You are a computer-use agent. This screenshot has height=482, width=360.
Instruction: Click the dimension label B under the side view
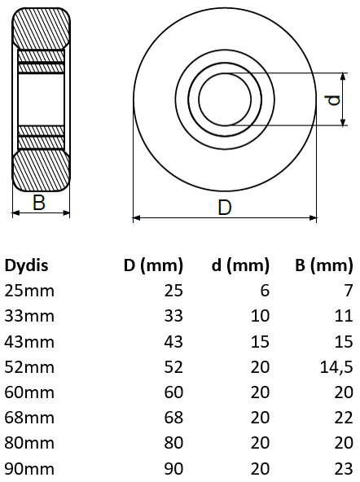(x=39, y=203)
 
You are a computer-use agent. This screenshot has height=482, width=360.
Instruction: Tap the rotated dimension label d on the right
(x=331, y=100)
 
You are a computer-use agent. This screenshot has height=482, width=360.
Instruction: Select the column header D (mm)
(x=153, y=265)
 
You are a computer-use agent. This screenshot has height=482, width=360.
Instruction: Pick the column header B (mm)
(x=323, y=265)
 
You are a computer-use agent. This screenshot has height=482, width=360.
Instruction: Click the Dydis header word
(x=27, y=265)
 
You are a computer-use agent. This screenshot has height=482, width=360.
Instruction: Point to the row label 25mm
(x=30, y=291)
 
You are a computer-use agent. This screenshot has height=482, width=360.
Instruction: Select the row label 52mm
(x=30, y=366)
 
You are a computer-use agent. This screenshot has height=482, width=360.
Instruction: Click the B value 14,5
(x=336, y=366)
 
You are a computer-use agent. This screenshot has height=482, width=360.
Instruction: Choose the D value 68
(x=174, y=417)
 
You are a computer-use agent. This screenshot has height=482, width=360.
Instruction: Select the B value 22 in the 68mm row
(x=344, y=417)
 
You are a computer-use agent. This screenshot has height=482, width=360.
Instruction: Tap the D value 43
(x=174, y=341)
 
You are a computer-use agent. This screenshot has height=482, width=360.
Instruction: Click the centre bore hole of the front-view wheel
(x=225, y=99)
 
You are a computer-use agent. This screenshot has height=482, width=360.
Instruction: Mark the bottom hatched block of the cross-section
(x=41, y=169)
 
